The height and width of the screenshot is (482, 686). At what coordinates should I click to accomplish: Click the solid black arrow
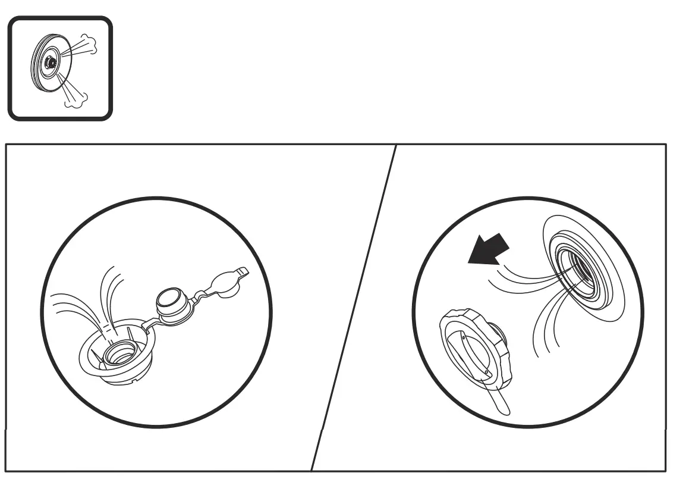[489, 248]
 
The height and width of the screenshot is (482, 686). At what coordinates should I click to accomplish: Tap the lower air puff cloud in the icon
[73, 102]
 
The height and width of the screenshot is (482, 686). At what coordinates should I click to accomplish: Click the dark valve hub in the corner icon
[51, 62]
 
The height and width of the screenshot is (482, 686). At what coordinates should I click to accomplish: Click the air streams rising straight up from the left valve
[111, 292]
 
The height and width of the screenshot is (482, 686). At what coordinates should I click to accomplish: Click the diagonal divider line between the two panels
[353, 309]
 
